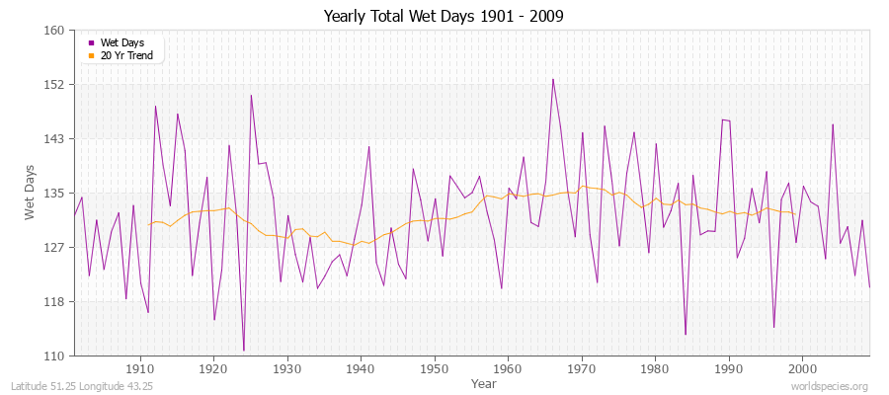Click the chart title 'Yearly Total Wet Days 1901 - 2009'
click(x=444, y=17)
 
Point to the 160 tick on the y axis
click(x=54, y=31)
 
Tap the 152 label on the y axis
click(x=54, y=85)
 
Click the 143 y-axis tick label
click(x=54, y=139)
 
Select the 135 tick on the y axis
click(x=54, y=193)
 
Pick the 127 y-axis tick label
click(x=54, y=247)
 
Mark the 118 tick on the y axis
click(x=54, y=301)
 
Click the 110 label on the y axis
click(x=54, y=355)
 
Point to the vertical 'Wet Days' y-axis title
click(x=31, y=193)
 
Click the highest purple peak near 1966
click(x=553, y=79)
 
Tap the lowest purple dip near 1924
click(x=244, y=351)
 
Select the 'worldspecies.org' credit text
click(x=830, y=386)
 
